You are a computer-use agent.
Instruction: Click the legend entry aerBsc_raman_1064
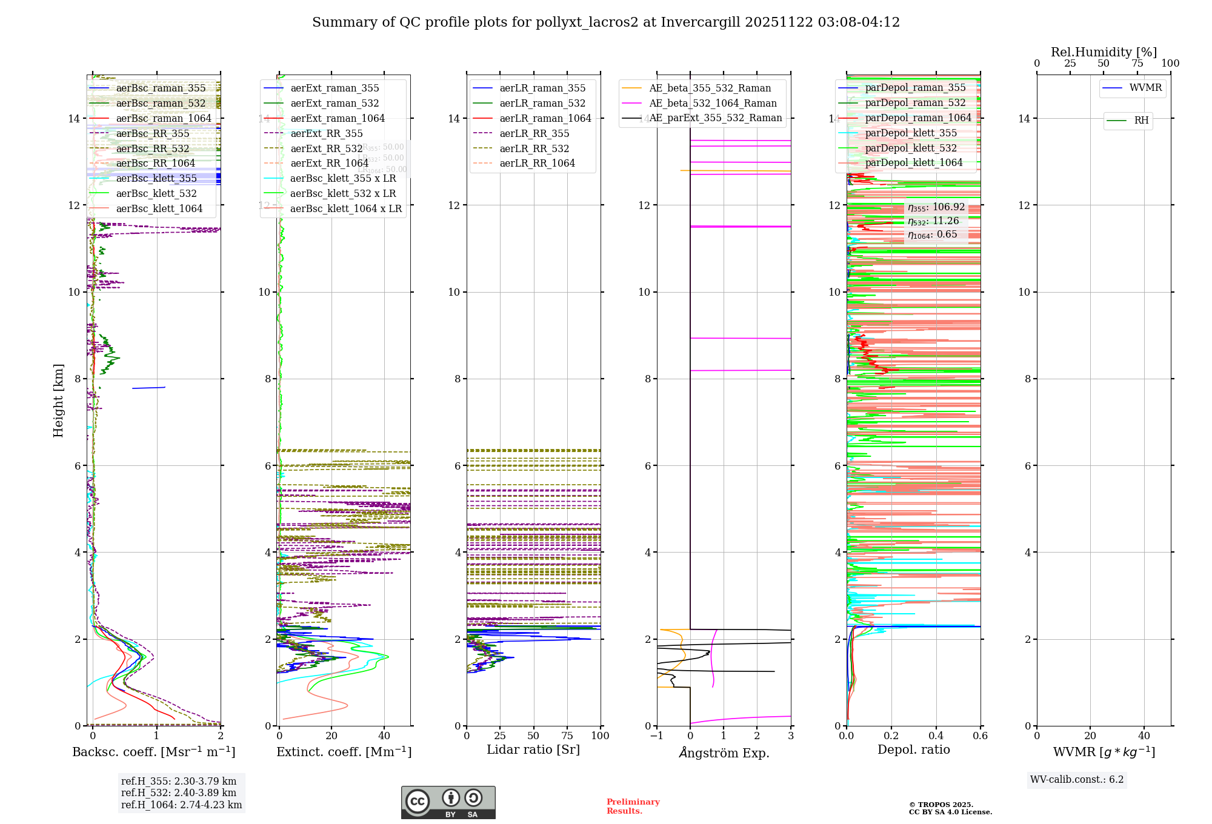pos(164,118)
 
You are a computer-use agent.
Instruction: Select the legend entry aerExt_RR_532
pos(327,148)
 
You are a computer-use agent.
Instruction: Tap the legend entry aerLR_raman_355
pos(542,88)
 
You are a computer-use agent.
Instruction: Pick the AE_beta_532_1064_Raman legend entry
pos(713,104)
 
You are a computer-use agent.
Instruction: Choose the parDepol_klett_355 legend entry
pos(911,133)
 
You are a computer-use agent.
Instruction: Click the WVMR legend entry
pos(1145,88)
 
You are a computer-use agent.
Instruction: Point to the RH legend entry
pos(1141,121)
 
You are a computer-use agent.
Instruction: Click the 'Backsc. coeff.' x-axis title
pos(153,752)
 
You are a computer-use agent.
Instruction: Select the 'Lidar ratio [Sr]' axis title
pos(533,750)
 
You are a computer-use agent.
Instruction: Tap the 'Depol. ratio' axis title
pos(913,750)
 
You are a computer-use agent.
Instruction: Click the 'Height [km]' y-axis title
pos(58,400)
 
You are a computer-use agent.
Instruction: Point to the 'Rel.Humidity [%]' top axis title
pos(1104,52)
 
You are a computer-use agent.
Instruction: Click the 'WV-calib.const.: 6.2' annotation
pos(1077,780)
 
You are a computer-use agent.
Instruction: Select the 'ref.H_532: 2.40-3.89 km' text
pos(179,793)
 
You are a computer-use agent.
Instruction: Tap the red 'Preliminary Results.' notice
pos(633,806)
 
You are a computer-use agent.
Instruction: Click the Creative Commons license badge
pos(448,802)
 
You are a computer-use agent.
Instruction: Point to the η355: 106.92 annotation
pos(936,207)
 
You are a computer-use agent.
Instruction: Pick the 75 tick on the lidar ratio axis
pos(567,736)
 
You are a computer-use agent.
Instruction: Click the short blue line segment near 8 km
pos(148,388)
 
